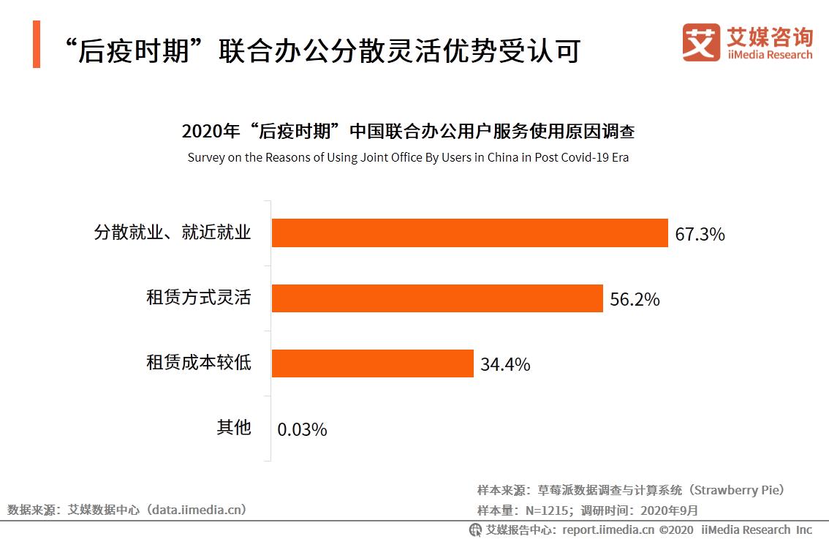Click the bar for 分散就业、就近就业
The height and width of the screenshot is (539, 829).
(x=469, y=233)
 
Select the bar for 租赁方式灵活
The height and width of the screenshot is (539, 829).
(x=437, y=298)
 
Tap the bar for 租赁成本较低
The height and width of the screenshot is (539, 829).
(x=373, y=363)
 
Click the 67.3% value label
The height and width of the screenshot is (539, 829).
(x=700, y=235)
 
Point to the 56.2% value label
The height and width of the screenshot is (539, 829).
(x=635, y=299)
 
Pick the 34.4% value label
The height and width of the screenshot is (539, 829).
(x=505, y=364)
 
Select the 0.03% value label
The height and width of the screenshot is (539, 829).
(x=302, y=429)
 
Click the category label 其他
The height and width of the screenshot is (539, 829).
(x=234, y=427)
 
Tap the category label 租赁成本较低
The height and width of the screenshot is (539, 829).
(x=199, y=363)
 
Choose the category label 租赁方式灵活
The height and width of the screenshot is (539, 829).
(x=199, y=298)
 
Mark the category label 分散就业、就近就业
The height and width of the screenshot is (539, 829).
(x=173, y=233)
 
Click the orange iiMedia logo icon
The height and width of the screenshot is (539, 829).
(x=700, y=42)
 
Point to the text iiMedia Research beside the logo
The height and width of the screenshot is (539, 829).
(x=770, y=55)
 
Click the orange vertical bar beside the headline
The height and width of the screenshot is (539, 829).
(x=37, y=45)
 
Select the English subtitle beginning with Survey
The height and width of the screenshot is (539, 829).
(x=408, y=157)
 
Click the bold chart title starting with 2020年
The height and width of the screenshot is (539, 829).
(x=408, y=132)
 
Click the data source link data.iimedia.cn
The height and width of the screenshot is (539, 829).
(x=197, y=510)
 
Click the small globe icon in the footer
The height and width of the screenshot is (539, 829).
(x=475, y=529)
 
